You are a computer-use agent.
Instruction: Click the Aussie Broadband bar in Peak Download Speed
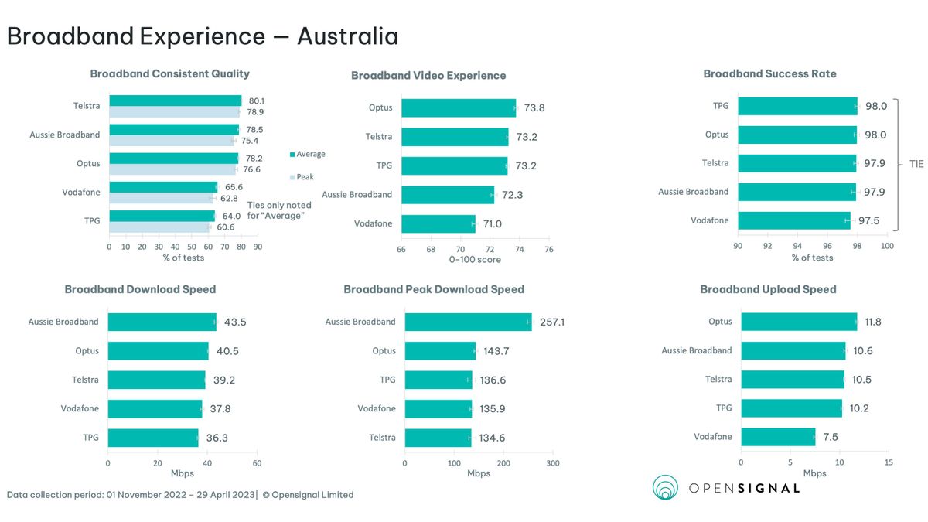pos(468,322)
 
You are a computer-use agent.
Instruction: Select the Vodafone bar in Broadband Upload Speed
pos(778,437)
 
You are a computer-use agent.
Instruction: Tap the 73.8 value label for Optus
pos(534,108)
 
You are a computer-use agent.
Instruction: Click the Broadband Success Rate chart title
pos(769,74)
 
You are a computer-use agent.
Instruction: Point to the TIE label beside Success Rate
pos(916,165)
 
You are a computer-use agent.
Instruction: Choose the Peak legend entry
pos(305,177)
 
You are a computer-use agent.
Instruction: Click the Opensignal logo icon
pos(666,488)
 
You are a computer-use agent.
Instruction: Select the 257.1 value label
pos(552,322)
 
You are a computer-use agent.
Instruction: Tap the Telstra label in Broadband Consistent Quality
pos(87,106)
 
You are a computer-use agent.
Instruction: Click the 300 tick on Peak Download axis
pos(553,463)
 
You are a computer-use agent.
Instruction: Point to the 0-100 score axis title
pos(475,260)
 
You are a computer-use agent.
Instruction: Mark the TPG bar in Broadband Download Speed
pos(153,438)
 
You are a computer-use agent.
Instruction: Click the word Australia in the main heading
pos(348,36)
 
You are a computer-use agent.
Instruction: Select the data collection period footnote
pos(180,495)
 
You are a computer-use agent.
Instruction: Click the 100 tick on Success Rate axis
pos(887,246)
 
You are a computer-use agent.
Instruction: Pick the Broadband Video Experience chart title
pos(428,76)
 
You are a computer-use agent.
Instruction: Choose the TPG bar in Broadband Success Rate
pos(797,106)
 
